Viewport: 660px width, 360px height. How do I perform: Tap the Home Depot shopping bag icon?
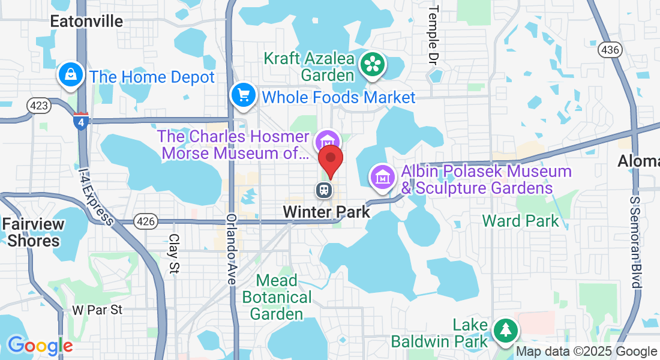click(x=71, y=76)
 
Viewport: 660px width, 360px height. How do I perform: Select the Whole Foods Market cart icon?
click(x=244, y=96)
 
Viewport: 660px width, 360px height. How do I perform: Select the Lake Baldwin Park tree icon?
click(x=505, y=329)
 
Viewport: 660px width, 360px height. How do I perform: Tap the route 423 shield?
click(x=38, y=106)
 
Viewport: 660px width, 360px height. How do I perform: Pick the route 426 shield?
click(x=146, y=221)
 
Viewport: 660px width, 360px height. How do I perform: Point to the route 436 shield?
click(x=609, y=50)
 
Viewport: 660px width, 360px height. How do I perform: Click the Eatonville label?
click(x=86, y=22)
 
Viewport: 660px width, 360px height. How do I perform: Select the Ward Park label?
click(x=520, y=221)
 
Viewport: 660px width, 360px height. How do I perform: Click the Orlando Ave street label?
click(x=232, y=248)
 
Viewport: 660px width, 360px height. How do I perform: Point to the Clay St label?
click(x=174, y=253)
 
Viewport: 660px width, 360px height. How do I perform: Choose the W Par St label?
click(x=97, y=310)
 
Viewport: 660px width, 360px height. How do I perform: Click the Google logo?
click(x=40, y=346)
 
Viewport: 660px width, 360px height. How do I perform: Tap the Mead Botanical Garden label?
click(x=277, y=297)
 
